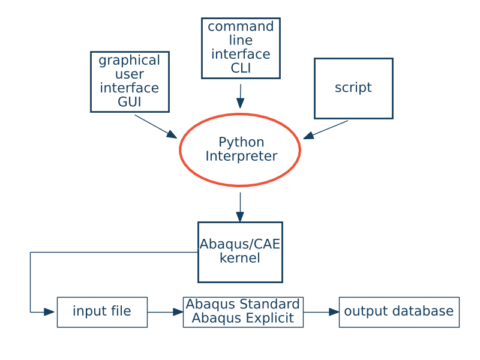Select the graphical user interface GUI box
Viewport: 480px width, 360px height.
click(x=130, y=82)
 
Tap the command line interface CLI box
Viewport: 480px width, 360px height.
click(x=241, y=48)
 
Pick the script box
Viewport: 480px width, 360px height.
click(x=353, y=88)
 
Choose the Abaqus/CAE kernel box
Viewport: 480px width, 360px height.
click(x=240, y=252)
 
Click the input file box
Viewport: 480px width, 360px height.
click(x=102, y=312)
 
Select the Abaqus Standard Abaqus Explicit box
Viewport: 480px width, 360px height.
click(x=243, y=312)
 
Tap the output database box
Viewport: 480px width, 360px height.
click(x=399, y=312)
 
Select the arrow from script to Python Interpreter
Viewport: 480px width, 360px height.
click(x=326, y=130)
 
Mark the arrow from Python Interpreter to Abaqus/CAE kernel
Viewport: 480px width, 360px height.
click(x=240, y=206)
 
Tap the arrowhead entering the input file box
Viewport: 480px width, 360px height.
click(x=49, y=312)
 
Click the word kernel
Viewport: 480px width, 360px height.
click(x=239, y=259)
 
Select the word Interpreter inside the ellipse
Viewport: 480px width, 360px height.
click(x=241, y=157)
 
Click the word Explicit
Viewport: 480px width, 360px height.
click(x=274, y=319)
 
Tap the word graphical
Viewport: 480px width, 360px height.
click(x=130, y=61)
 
